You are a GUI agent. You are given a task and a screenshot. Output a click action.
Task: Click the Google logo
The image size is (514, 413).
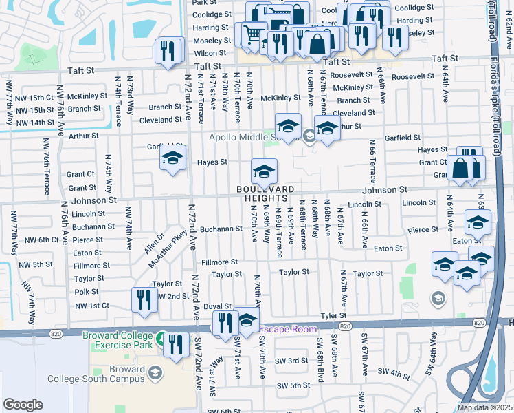tap(23, 405)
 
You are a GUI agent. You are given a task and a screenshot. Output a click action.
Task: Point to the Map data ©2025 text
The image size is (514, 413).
tap(484, 407)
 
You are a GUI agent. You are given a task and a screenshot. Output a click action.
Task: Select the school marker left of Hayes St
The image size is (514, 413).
tap(173, 158)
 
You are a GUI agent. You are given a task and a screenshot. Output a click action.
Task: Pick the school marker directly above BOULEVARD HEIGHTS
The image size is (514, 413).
tap(264, 171)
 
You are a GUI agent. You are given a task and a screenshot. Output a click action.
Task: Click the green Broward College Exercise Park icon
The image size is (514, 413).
tap(159, 338)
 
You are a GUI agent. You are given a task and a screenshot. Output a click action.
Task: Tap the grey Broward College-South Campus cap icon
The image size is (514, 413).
tap(155, 372)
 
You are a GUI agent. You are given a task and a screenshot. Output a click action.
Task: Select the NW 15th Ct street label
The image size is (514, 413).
tap(32, 98)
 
